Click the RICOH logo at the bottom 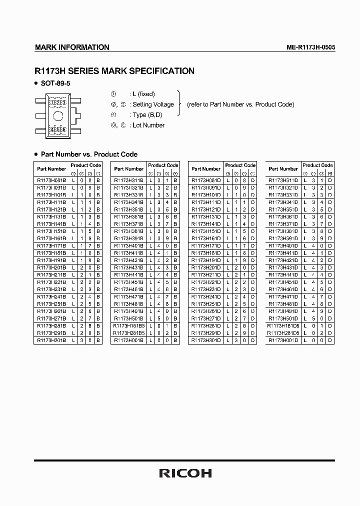click(x=185, y=472)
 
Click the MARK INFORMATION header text click(x=72, y=47)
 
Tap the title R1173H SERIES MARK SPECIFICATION click(x=114, y=71)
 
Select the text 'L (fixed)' click(x=143, y=94)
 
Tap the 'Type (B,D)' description click(x=147, y=115)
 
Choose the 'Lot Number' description click(x=149, y=125)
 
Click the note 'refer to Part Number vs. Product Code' click(x=240, y=104)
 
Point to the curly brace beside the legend click(x=178, y=104)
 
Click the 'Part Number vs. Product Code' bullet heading click(x=89, y=154)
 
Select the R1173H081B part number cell click(x=51, y=180)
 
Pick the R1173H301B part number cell click(x=51, y=340)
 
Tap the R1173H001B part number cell click(x=128, y=340)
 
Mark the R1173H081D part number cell click(x=206, y=180)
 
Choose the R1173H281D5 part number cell click(x=283, y=333)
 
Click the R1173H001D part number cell click(x=283, y=340)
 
